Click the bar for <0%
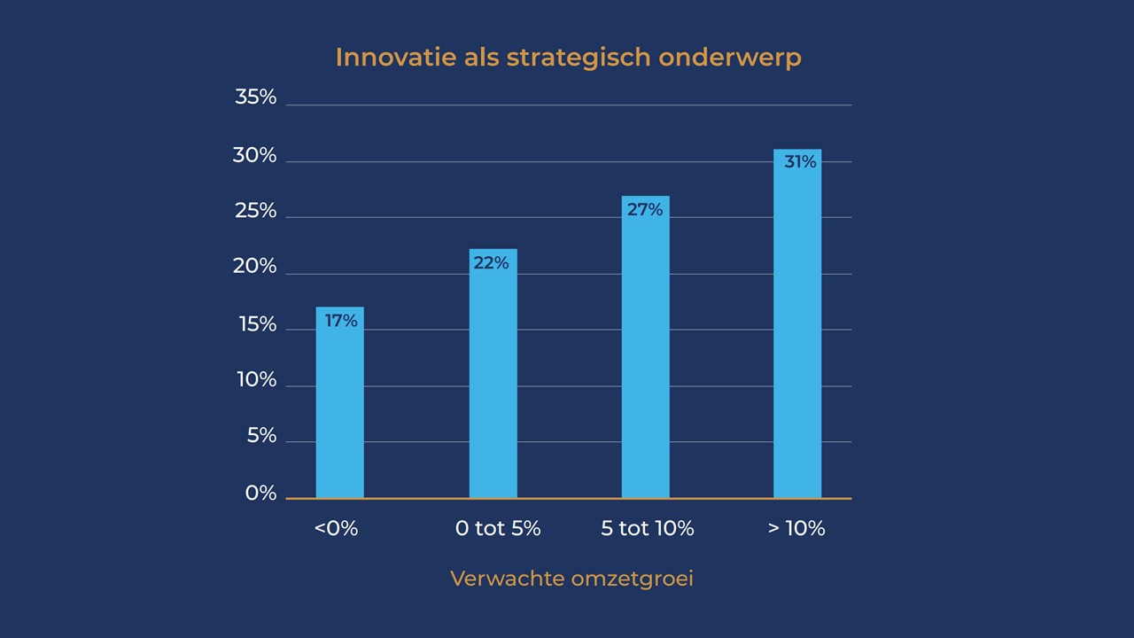pos(339,403)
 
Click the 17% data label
pos(341,321)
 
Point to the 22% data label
pos(491,263)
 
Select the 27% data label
pos(645,210)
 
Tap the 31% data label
pos(800,162)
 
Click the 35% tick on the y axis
pos(255,97)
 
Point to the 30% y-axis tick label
pos(254,156)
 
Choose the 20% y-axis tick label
pos(254,266)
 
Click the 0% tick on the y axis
pos(260,493)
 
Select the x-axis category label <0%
pos(336,529)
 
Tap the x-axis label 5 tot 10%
pos(648,529)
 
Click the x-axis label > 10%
pos(796,529)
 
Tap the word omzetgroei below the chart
pos(633,580)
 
